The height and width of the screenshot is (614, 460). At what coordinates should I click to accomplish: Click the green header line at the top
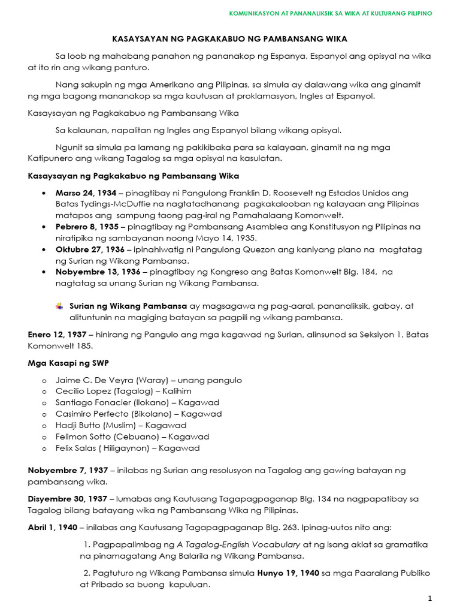click(x=331, y=13)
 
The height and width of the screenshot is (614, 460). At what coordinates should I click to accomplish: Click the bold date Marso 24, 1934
click(x=86, y=193)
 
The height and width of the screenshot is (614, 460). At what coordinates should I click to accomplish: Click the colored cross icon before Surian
click(x=59, y=306)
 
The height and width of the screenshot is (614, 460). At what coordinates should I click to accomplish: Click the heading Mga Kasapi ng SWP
click(x=68, y=363)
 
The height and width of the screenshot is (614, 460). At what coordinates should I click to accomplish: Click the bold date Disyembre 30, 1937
click(x=67, y=499)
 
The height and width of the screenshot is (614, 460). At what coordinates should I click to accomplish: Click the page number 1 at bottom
click(x=429, y=599)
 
